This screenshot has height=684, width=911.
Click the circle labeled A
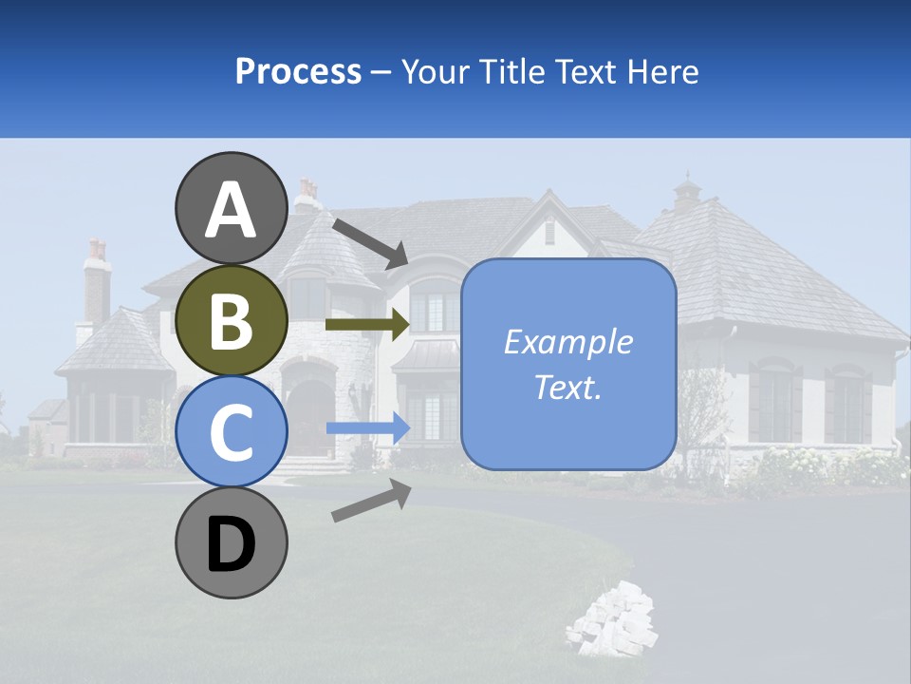tap(231, 209)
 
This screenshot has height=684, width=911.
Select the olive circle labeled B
tap(231, 322)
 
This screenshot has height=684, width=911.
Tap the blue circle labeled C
tap(231, 432)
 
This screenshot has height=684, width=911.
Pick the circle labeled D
tap(231, 543)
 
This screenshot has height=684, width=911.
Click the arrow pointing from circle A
tap(370, 242)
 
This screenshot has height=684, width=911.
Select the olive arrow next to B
tap(367, 324)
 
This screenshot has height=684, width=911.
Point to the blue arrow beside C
tap(367, 428)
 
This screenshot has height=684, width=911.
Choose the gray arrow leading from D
tap(371, 501)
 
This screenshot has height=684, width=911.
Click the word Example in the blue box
tap(567, 342)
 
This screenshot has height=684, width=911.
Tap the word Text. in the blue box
tap(567, 387)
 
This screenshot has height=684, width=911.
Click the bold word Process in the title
tap(298, 71)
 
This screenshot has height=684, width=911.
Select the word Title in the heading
tap(511, 71)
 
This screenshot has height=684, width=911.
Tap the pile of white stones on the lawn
tap(612, 619)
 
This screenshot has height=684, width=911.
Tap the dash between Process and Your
tap(381, 72)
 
